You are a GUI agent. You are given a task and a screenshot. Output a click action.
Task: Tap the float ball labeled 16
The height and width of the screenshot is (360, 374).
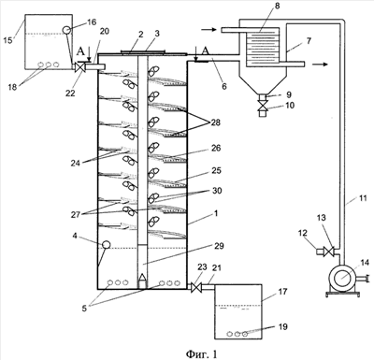click(x=67, y=30)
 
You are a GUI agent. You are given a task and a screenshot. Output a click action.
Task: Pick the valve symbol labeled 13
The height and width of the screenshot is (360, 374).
click(x=328, y=252)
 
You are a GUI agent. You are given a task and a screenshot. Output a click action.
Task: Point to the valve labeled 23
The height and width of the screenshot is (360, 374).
click(x=196, y=287)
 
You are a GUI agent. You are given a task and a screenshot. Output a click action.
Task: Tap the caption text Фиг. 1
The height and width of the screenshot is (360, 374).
click(x=201, y=353)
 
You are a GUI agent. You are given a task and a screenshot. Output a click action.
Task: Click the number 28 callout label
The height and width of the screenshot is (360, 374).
click(x=215, y=122)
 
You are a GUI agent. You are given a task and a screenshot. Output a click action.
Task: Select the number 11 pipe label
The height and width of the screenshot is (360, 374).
click(x=363, y=198)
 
